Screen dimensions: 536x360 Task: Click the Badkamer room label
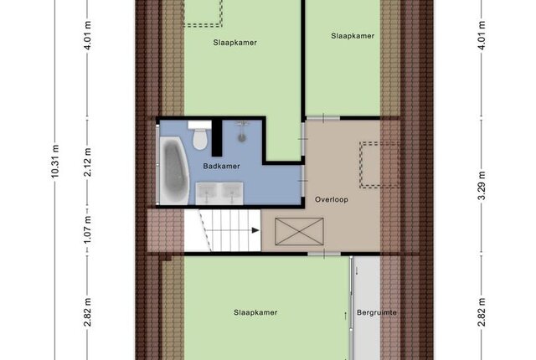[x=221, y=167]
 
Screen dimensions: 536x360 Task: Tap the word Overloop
[x=332, y=200]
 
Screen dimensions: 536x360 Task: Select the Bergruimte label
[x=376, y=312]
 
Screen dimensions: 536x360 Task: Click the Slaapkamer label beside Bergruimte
[x=255, y=312]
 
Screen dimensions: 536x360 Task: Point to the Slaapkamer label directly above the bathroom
[x=234, y=43]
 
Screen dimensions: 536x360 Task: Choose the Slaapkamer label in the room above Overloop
[x=353, y=36]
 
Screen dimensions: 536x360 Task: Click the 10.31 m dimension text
[x=55, y=162]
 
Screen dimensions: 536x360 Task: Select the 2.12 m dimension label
[x=88, y=162]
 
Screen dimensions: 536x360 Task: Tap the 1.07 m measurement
[x=88, y=230]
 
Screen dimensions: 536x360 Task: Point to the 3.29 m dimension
[x=482, y=186]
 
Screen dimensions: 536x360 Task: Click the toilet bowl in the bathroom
[x=199, y=139]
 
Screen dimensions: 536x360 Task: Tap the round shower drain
[x=242, y=137]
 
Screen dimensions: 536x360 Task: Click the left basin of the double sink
[x=207, y=192]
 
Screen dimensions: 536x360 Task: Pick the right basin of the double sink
[x=231, y=192]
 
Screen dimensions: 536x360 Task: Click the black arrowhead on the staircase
[x=255, y=230]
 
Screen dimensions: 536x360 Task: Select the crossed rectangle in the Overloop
[x=299, y=232]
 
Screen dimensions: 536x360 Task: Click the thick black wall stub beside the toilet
[x=217, y=137]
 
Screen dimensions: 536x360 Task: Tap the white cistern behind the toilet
[x=199, y=125]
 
